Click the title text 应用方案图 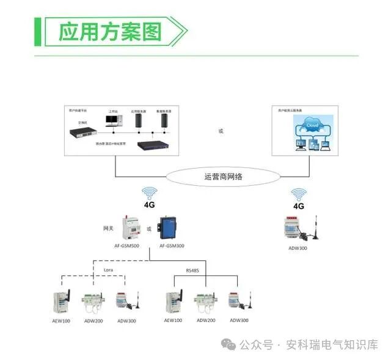click(109, 31)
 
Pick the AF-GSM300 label click(172, 246)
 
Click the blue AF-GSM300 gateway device click(167, 228)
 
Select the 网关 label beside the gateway click(108, 229)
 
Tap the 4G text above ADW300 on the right click(299, 206)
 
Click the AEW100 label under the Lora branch click(61, 320)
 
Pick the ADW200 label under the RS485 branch click(206, 320)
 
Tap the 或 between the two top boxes click(221, 131)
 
